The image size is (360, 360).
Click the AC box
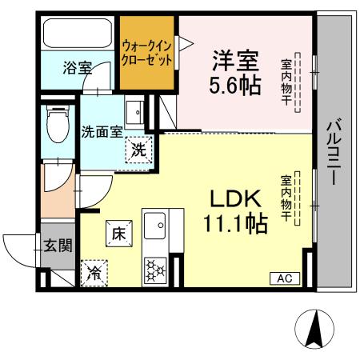pyautogui.click(x=285, y=278)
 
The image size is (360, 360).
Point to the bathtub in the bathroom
pyautogui.click(x=78, y=34)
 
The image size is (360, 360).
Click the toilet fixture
pyautogui.click(x=57, y=124)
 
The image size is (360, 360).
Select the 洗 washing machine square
pyautogui.click(x=138, y=149)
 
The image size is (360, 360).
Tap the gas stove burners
pyautogui.click(x=152, y=269)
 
